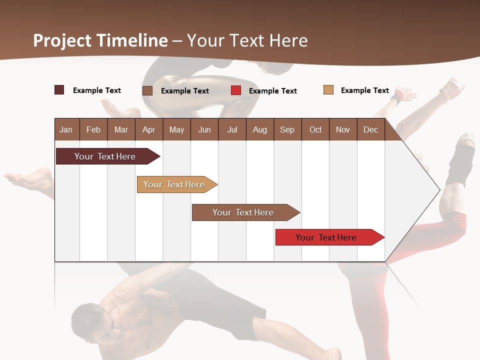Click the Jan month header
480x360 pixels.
[66, 129]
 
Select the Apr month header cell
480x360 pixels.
[149, 129]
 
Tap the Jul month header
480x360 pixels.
[232, 129]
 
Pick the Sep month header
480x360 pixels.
[287, 129]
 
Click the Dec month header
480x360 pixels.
[371, 129]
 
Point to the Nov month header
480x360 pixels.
[343, 129]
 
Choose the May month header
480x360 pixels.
[176, 129]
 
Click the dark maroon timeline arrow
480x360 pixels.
[105, 156]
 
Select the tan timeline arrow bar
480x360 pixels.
[174, 184]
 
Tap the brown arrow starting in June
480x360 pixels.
[243, 212]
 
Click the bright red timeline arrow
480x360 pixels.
[326, 237]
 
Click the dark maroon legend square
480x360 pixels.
[59, 90]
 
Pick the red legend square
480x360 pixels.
[236, 90]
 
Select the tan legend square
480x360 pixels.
[328, 90]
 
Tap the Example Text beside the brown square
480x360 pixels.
[185, 91]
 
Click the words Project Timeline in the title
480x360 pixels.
[100, 40]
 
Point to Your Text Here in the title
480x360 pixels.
[247, 40]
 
